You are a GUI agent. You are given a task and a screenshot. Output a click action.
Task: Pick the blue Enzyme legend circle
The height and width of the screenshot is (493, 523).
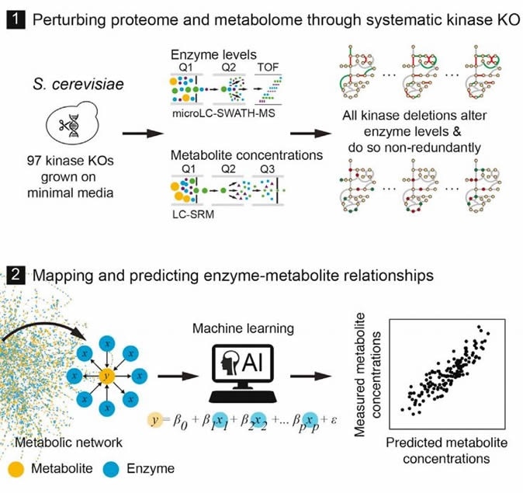click(x=105, y=470)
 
